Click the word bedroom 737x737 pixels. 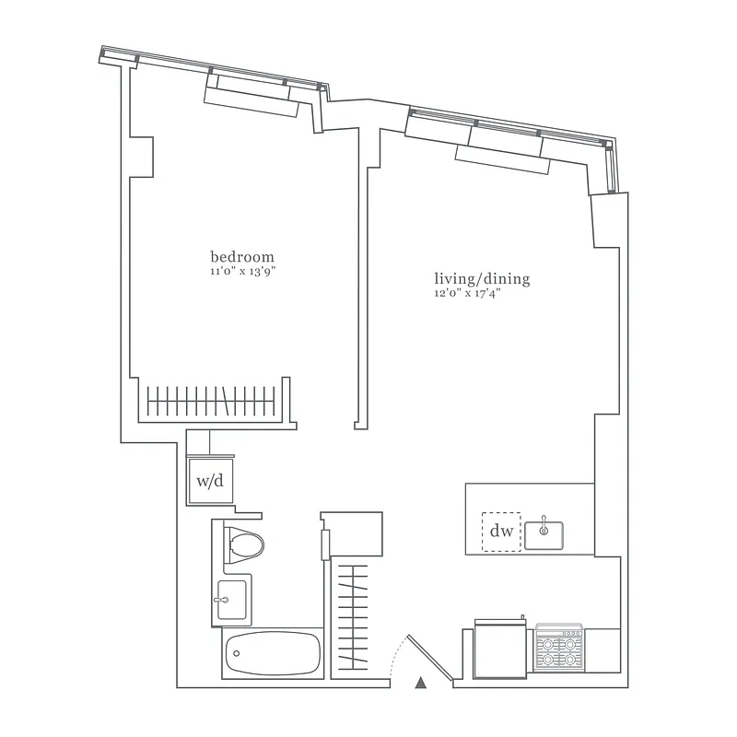(x=242, y=256)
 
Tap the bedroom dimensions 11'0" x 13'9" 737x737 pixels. (x=242, y=272)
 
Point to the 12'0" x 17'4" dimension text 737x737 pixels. (x=469, y=294)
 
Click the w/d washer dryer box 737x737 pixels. (x=209, y=479)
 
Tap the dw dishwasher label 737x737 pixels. (x=500, y=532)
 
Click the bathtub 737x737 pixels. (x=272, y=655)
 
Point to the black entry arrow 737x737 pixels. (x=421, y=683)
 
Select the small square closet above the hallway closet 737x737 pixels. (x=352, y=535)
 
